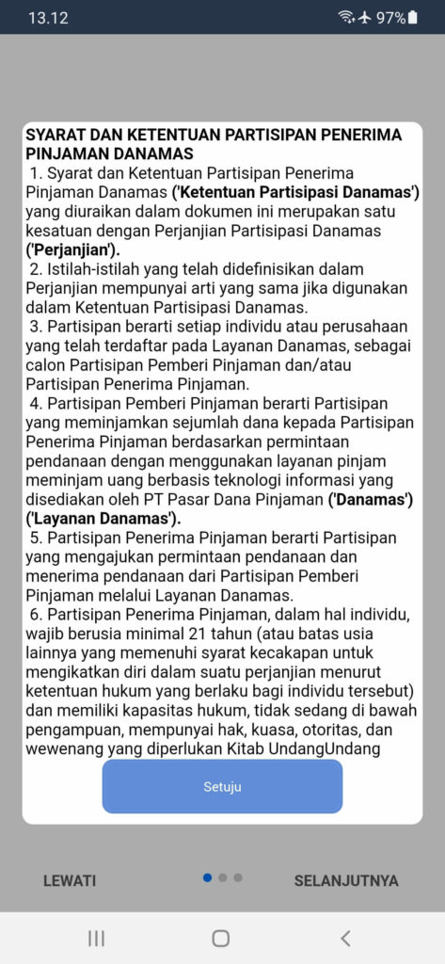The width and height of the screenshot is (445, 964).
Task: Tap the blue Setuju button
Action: pyautogui.click(x=222, y=786)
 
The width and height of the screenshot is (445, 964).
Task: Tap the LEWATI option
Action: pyautogui.click(x=70, y=881)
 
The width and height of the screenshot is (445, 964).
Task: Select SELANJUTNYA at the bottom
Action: pyautogui.click(x=345, y=881)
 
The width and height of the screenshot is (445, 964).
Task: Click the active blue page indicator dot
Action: pyautogui.click(x=207, y=877)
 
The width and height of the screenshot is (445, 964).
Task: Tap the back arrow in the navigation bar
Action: pyautogui.click(x=345, y=938)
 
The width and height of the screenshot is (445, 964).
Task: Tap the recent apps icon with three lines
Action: pyautogui.click(x=96, y=938)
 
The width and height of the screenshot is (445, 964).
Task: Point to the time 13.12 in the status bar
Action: pyautogui.click(x=48, y=18)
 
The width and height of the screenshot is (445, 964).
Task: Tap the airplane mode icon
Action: pyautogui.click(x=364, y=18)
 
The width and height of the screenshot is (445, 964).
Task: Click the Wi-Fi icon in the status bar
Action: pyautogui.click(x=346, y=18)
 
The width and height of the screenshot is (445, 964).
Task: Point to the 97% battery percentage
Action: pyautogui.click(x=390, y=18)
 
